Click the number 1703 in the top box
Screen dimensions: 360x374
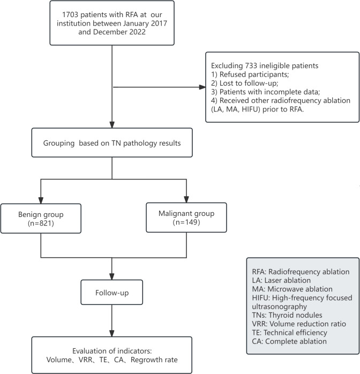point(70,15)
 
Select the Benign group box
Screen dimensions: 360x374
point(41,218)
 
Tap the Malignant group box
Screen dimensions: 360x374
point(186,218)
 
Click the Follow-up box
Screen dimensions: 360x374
point(112,292)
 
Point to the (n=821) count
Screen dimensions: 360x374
point(41,223)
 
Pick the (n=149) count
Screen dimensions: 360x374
point(186,222)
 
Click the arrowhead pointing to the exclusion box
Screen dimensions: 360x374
point(202,87)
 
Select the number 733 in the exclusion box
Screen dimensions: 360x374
point(251,65)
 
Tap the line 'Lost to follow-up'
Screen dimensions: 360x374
point(245,83)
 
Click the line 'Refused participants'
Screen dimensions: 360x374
point(250,74)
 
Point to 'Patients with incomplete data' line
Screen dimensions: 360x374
point(265,92)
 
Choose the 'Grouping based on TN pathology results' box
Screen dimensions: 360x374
point(112,143)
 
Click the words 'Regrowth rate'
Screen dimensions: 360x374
point(154,360)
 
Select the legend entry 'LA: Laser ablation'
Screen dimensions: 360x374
point(281,280)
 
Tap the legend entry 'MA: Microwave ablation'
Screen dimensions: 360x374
point(292,289)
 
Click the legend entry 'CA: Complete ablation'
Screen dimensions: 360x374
point(289,341)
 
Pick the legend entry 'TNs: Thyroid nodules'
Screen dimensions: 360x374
point(287,315)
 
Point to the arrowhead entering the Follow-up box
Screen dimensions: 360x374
point(112,276)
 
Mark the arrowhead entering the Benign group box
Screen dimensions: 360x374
point(41,200)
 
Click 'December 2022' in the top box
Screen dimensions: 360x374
point(119,32)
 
